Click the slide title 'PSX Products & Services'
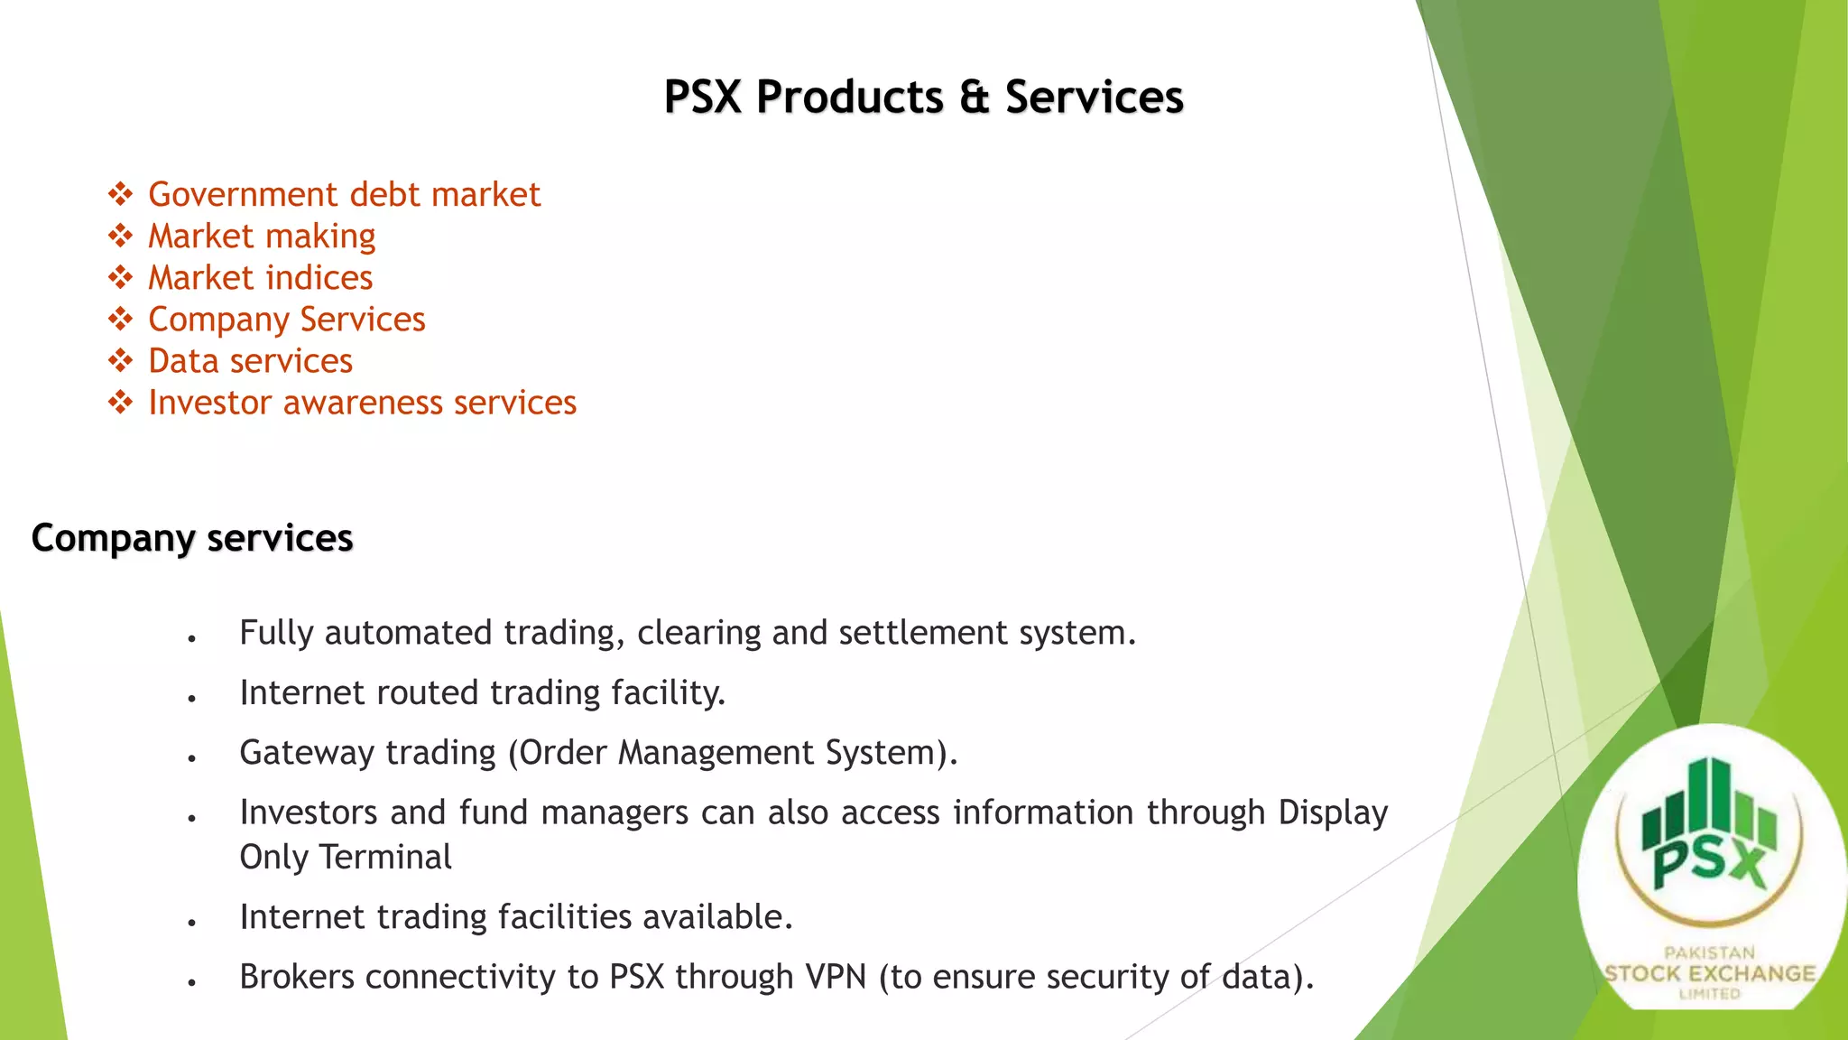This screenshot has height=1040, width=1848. [x=923, y=97]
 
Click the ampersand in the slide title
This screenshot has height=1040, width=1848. [x=974, y=97]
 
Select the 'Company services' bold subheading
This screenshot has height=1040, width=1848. [x=191, y=538]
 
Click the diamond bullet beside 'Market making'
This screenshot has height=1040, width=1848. [x=120, y=237]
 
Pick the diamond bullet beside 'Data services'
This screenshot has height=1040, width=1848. [x=120, y=361]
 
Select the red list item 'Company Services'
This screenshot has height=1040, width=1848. [x=286, y=320]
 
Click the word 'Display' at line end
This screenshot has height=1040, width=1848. [x=1333, y=813]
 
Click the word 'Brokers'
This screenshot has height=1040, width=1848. [x=297, y=977]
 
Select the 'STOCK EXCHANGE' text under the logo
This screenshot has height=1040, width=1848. [x=1709, y=974]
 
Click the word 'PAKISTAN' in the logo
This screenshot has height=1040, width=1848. [x=1709, y=952]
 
